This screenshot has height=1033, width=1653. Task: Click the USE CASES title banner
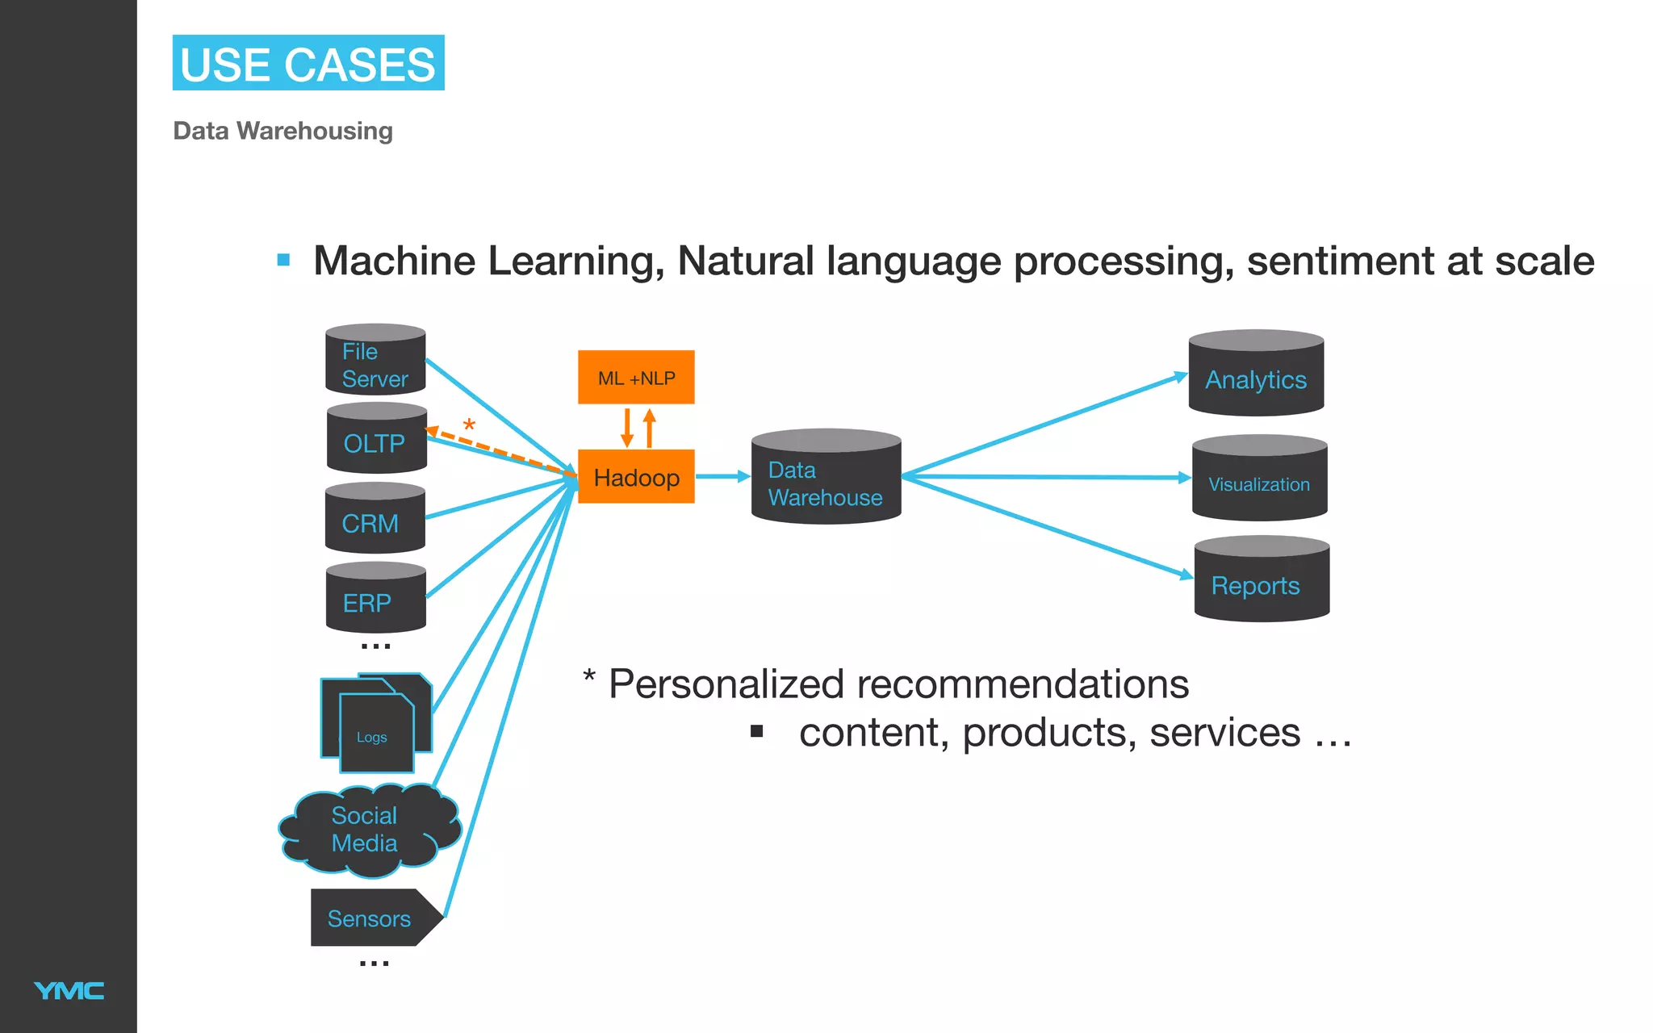pos(308,63)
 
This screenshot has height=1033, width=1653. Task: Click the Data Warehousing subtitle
pos(282,131)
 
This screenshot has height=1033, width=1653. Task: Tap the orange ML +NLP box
pos(636,377)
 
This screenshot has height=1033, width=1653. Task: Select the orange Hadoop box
pos(636,477)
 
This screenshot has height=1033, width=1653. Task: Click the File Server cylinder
pos(375,361)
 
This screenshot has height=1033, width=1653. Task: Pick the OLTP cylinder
pos(376,440)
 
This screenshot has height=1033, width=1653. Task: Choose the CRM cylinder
pos(375,520)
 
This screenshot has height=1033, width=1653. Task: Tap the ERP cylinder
pos(375,599)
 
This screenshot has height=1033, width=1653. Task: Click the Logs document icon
pos(375,725)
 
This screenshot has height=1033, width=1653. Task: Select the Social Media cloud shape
pos(367,830)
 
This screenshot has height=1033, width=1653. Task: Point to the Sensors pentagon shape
pos(371,918)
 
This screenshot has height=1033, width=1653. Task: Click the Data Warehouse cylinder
pos(825,479)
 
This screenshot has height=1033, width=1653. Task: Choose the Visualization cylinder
pos(1259,480)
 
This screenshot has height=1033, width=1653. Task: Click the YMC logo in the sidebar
pos(69,990)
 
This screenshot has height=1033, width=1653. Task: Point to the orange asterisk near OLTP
pos(469,425)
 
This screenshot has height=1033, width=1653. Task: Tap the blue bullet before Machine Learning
pos(283,260)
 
